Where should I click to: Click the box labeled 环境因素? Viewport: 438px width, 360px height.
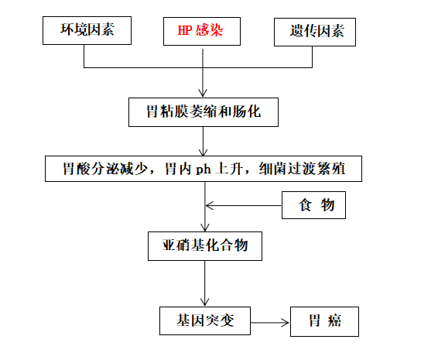pyautogui.click(x=85, y=32)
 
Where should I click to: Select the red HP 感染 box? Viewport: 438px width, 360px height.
pyautogui.click(x=203, y=32)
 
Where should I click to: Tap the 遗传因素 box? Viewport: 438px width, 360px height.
pyautogui.click(x=317, y=32)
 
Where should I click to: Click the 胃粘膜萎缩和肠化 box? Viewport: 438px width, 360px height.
pyautogui.click(x=204, y=112)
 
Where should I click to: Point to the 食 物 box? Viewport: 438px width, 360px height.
pyautogui.click(x=312, y=206)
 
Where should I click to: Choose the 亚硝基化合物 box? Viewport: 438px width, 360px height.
pyautogui.click(x=204, y=247)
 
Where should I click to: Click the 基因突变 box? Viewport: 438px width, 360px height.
pyautogui.click(x=205, y=321)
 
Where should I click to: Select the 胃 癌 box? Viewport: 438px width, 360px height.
pyautogui.click(x=324, y=321)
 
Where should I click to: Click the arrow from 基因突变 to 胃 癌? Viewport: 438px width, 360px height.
pyautogui.click(x=270, y=321)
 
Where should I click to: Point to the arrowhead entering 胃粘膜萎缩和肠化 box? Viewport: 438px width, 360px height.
pyautogui.click(x=204, y=93)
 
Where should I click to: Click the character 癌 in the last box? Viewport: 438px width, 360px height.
pyautogui.click(x=333, y=321)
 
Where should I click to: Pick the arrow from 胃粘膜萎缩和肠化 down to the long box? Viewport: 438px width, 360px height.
pyautogui.click(x=204, y=141)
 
